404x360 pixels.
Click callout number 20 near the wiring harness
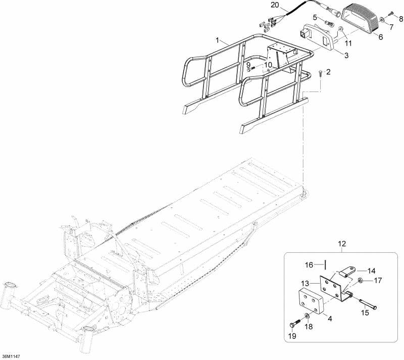[x=274, y=5]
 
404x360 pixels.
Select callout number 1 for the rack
[x=217, y=39]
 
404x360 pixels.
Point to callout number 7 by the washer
[x=390, y=26]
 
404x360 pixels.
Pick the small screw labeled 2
[x=321, y=73]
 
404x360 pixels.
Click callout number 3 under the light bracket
[x=346, y=55]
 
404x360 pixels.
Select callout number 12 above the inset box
[x=342, y=245]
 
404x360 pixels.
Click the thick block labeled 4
[x=309, y=304]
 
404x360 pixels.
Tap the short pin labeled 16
[x=326, y=264]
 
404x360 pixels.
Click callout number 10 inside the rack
[x=268, y=65]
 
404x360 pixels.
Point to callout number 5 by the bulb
[x=315, y=18]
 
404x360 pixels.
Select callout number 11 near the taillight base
[x=348, y=44]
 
